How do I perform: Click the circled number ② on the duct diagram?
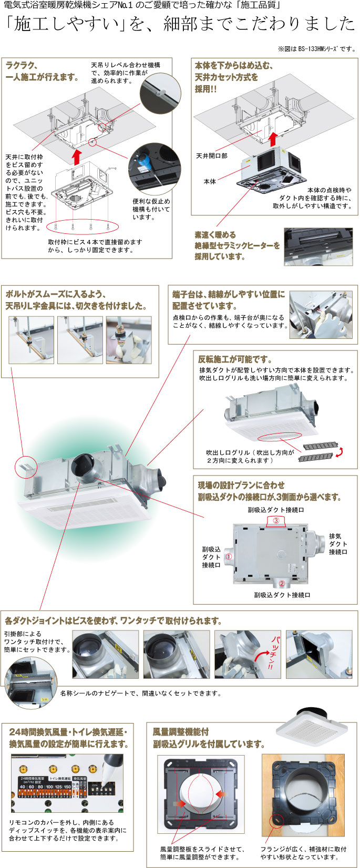point(281,583)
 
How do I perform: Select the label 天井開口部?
point(211,156)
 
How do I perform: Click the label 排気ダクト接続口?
point(338,544)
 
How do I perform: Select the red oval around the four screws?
point(83,226)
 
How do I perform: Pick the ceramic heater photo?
point(318,246)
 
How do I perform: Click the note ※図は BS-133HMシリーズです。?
point(316,49)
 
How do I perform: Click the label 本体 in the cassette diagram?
point(210,181)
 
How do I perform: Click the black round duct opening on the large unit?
point(84,466)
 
